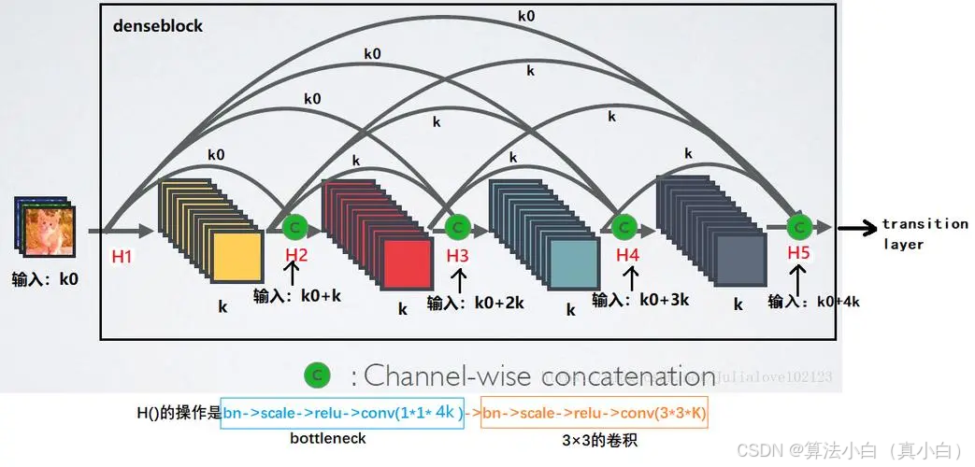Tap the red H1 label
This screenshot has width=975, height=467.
point(122,256)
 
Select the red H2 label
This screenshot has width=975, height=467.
point(295,254)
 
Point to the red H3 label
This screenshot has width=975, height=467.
point(457,254)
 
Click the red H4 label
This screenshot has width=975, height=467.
point(628,254)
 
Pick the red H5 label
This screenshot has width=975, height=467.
point(798,252)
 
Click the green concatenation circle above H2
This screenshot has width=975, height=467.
point(294,227)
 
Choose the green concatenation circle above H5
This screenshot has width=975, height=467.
point(798,227)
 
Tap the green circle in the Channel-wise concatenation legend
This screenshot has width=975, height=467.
point(317,375)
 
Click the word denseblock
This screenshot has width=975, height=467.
point(157,25)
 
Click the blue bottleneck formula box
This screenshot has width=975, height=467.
point(342,411)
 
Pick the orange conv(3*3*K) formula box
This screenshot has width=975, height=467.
point(595,411)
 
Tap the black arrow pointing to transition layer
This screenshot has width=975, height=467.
point(856,227)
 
